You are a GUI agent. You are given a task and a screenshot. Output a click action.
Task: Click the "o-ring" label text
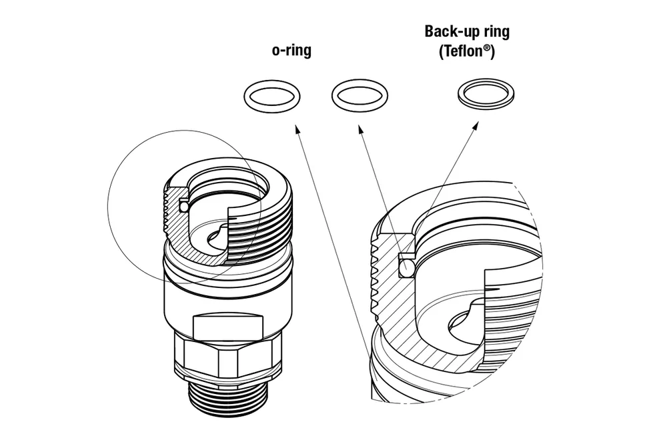tap(291, 51)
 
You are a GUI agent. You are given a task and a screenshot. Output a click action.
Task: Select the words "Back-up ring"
tap(466, 31)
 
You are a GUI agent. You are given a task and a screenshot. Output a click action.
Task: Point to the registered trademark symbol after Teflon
tap(490, 49)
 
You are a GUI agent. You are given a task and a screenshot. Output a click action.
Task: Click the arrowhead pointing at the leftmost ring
tap(295, 133)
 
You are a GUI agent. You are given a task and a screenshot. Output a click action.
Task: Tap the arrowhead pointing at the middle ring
tap(362, 133)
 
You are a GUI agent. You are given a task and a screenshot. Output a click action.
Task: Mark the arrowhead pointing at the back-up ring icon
tap(476, 125)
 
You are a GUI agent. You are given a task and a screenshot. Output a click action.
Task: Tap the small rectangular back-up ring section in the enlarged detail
tap(407, 256)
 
